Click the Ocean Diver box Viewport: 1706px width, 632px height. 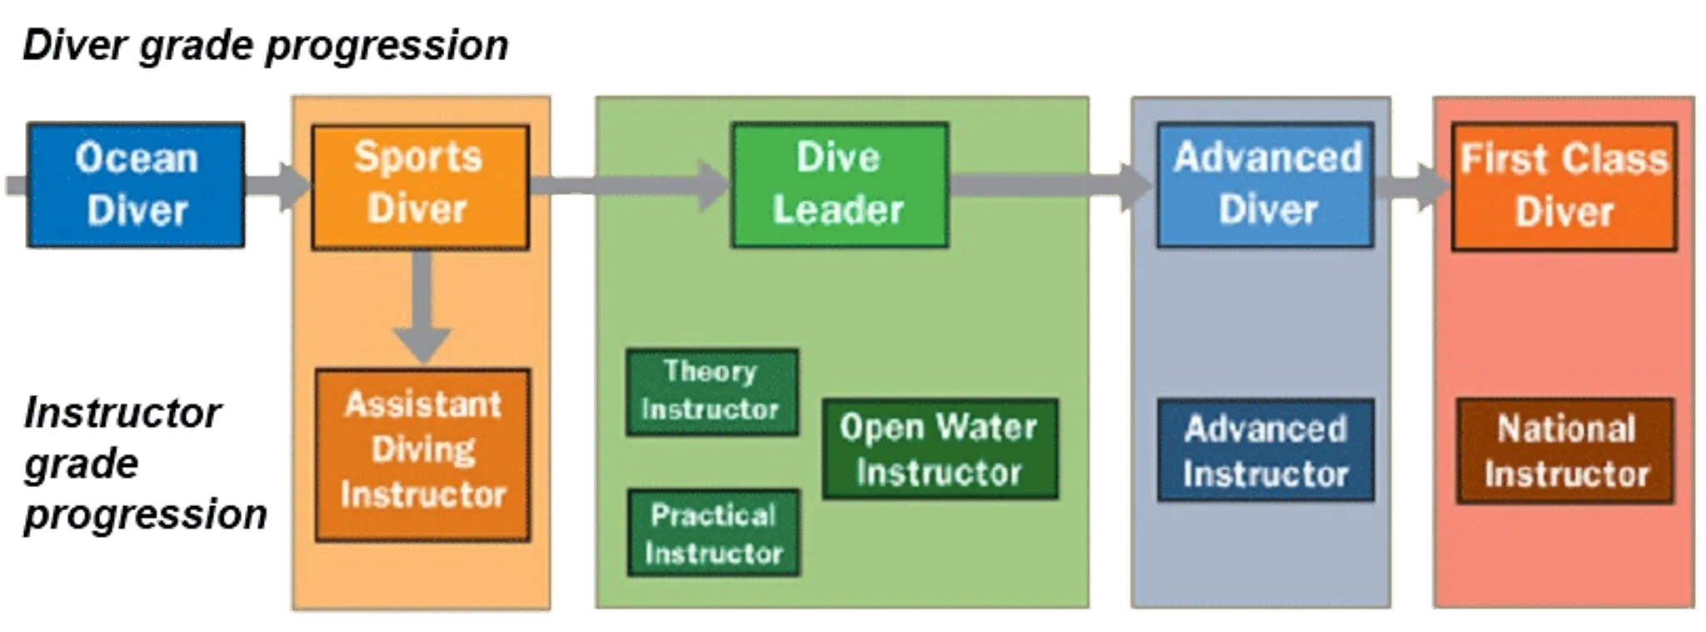pos(137,184)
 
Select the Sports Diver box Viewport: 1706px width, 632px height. pos(420,186)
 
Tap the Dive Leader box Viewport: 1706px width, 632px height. pos(840,184)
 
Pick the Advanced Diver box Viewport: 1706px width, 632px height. pos(1265,184)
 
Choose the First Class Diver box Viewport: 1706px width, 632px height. pos(1564,186)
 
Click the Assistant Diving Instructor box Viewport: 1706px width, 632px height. pos(422,454)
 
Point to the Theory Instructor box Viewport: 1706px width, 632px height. pos(711,391)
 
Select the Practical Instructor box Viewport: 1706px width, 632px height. pos(713,533)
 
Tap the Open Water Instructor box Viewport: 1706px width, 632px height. pos(940,449)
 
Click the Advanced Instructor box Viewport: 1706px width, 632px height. pos(1265,450)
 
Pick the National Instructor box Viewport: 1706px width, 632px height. pos(1565,450)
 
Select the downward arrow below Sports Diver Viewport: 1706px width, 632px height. pos(422,308)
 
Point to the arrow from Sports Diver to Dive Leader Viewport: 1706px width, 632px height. pos(630,184)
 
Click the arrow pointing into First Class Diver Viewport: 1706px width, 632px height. pos(1413,186)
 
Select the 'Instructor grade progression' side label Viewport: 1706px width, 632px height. pos(142,464)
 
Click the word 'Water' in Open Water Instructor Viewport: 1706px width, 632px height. pos(989,428)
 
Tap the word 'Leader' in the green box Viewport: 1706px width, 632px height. pos(838,209)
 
